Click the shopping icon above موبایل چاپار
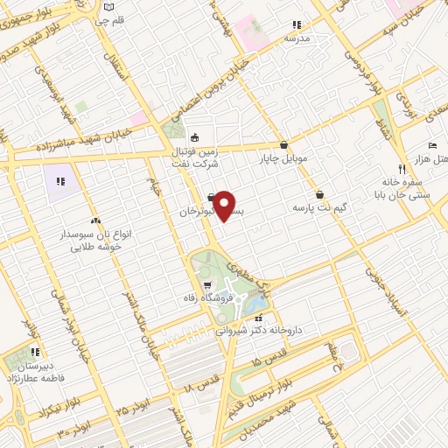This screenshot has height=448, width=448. click(283, 145)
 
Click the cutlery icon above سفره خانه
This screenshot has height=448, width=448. click(401, 168)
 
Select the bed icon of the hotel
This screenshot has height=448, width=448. click(431, 145)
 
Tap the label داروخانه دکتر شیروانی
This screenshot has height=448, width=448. click(259, 331)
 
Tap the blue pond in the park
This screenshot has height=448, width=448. click(255, 303)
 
